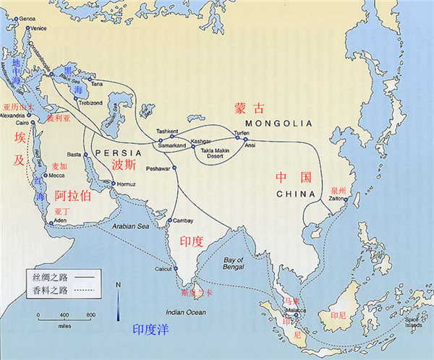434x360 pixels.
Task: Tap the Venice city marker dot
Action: (27, 28)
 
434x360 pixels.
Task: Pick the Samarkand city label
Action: (173, 146)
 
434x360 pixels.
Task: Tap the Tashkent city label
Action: (166, 132)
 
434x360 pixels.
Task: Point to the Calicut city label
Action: (164, 268)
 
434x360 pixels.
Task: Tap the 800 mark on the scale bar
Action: (91, 316)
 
